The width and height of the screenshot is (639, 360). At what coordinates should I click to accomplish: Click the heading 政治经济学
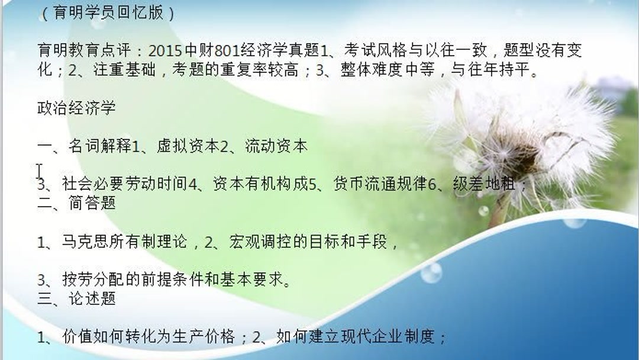point(76,108)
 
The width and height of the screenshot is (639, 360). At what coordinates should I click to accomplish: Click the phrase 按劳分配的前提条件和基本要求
point(172,279)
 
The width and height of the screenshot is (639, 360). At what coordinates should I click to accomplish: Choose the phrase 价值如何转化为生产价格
point(149,337)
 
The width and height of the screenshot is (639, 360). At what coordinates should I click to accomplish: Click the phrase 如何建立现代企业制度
point(352,337)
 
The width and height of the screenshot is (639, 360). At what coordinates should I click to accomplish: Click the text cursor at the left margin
point(39,171)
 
